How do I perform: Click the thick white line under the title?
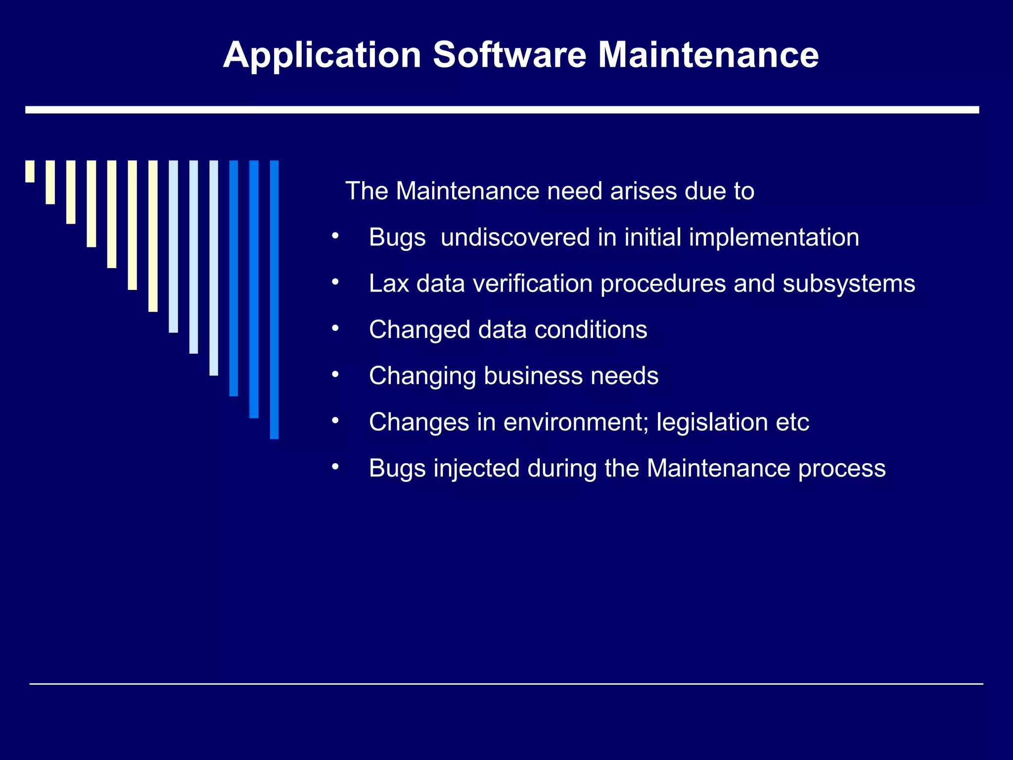[502, 110]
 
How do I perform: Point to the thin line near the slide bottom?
[506, 684]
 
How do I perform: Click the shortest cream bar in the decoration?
[30, 171]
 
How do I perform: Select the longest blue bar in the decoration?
[274, 299]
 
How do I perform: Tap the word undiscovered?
[515, 237]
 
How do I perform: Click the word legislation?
[712, 422]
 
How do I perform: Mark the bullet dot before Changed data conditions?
[335, 329]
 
